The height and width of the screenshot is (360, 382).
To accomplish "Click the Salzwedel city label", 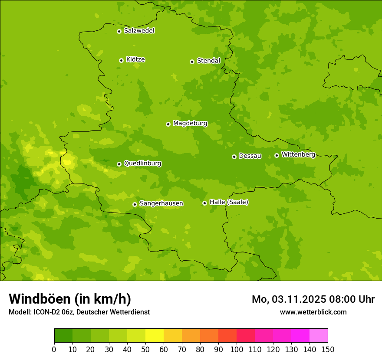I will click(139, 31).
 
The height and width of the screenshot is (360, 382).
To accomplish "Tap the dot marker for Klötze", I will click(121, 60).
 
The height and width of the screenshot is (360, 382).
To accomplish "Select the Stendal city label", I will click(208, 61).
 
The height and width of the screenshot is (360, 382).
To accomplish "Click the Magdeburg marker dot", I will click(168, 124).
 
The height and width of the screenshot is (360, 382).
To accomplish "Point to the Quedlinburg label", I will click(142, 164).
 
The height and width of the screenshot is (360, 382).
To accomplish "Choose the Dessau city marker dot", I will click(234, 157).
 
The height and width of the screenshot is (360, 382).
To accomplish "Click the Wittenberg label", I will click(298, 154).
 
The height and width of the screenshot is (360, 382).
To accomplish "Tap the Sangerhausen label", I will click(161, 203).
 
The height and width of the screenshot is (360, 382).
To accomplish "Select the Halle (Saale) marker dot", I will click(204, 203).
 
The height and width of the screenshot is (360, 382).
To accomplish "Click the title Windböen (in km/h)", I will click(70, 299).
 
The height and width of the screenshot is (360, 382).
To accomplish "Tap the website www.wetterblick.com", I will click(313, 312).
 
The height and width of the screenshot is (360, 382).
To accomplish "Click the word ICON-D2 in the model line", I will click(47, 312).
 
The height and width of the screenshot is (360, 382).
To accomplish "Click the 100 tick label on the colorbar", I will click(237, 349).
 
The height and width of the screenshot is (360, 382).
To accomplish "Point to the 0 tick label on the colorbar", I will click(54, 349).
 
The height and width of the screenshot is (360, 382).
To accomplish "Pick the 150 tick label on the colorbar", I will click(328, 349).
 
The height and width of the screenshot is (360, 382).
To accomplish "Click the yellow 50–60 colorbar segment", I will click(155, 336).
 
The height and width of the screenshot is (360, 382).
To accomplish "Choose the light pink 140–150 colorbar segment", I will click(319, 336).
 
